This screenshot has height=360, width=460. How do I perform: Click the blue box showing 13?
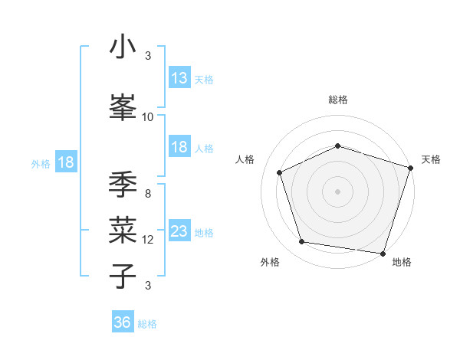coord(179,78)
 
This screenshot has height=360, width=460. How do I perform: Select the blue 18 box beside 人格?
coord(179,147)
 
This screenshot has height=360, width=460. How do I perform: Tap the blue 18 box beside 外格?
coord(65,162)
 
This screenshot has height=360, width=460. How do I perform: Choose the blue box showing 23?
coord(179,231)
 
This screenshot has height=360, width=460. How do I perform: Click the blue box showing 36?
coord(122,322)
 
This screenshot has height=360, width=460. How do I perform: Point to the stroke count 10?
coord(148,116)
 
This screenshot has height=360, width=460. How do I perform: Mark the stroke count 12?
coord(148,239)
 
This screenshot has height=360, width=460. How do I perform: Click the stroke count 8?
coord(148,193)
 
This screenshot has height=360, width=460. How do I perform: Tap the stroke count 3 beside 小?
coord(148,56)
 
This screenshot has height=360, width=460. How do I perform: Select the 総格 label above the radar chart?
coord(337,100)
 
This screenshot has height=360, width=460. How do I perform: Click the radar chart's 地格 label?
coord(402,262)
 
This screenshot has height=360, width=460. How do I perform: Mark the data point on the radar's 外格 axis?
coord(302,242)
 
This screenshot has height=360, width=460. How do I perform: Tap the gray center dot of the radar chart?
coord(337,191)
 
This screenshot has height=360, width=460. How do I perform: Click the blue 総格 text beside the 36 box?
coord(147,324)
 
